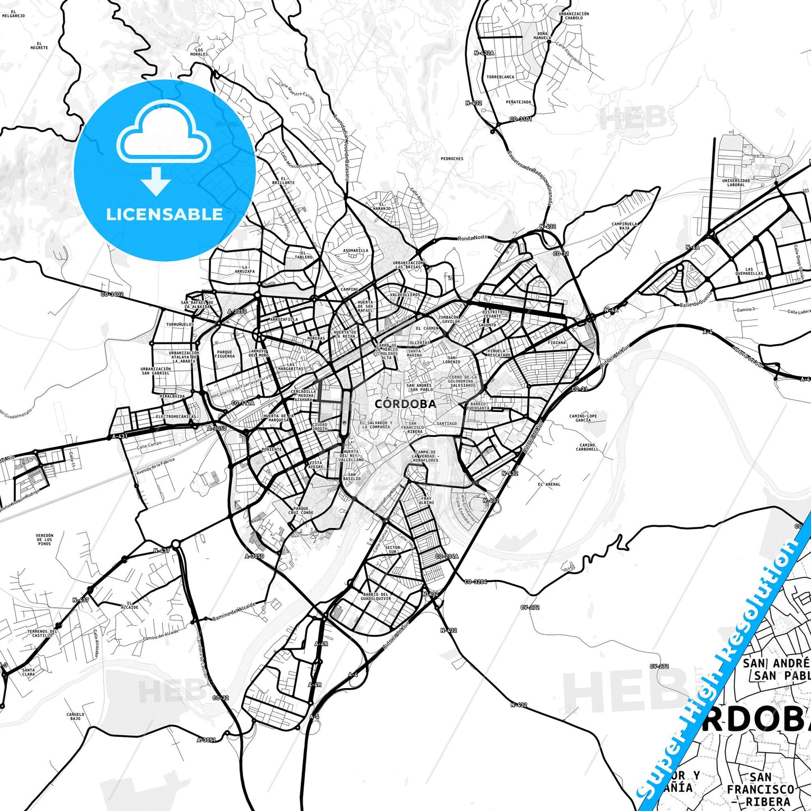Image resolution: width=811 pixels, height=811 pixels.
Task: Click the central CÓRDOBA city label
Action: pos(405,404)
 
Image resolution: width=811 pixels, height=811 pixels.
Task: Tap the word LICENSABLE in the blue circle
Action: pos(164,214)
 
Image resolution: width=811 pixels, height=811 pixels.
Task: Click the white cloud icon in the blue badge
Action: pos(163,132)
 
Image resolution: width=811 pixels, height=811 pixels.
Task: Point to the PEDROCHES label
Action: pos(452,159)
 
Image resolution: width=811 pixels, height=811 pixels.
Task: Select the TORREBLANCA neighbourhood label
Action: pos(500,77)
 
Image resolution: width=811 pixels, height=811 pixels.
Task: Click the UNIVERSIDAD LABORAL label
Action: pos(736,182)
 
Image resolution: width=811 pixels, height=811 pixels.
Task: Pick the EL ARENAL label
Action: pos(549,484)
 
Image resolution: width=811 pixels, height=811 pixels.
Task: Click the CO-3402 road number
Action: pos(112,294)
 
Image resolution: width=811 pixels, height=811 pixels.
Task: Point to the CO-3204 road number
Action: pos(475,582)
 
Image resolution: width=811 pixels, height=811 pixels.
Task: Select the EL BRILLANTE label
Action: pos(283,180)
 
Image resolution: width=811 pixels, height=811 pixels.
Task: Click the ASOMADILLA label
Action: pos(356,250)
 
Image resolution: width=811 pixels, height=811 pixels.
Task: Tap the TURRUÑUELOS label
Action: pos(180,324)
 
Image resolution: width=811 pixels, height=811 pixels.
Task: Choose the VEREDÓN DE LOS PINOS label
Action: pos(44,539)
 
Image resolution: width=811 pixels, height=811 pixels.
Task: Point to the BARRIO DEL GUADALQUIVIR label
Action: pos(375,597)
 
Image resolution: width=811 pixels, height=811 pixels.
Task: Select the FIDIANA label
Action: pos(557,342)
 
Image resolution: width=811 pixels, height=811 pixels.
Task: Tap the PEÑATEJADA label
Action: pos(518,102)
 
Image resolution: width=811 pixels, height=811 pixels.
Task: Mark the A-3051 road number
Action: pos(206,740)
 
